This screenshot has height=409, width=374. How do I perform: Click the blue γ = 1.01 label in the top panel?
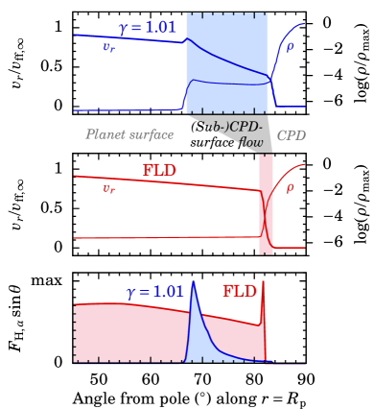click(147, 28)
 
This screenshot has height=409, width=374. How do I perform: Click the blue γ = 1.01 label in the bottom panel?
click(154, 292)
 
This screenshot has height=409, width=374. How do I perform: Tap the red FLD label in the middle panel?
click(159, 170)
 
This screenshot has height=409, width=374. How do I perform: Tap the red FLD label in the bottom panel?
click(239, 291)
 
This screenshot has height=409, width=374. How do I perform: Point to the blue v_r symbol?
click(109, 47)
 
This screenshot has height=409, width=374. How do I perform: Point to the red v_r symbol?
click(109, 188)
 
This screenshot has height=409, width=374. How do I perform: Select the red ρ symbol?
click(290, 187)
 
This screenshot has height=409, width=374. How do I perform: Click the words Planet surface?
click(129, 135)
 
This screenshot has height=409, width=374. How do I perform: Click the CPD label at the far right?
click(291, 135)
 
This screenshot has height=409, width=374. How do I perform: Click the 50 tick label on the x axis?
click(99, 379)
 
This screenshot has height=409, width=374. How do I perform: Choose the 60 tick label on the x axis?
click(151, 379)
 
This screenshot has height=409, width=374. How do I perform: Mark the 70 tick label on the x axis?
click(201, 379)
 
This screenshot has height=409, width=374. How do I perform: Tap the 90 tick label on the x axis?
click(304, 379)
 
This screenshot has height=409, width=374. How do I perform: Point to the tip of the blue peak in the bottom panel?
click(194, 281)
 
